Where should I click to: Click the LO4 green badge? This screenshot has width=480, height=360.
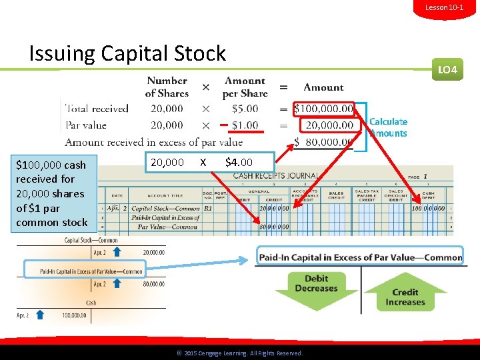point(447,69)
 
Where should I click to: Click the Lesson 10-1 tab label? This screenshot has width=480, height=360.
point(449,7)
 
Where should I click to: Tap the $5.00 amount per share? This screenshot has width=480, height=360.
point(245,109)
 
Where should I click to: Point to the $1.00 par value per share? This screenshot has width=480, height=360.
point(245,125)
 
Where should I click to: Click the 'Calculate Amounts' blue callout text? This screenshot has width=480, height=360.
point(388,127)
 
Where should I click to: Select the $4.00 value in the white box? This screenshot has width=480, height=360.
point(239,162)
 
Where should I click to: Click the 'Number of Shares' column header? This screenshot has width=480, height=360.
point(167,87)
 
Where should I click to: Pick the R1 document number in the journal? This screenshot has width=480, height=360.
point(207,209)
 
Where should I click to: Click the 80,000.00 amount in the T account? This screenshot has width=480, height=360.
point(154,284)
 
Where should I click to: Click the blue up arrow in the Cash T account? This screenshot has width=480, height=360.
point(39,315)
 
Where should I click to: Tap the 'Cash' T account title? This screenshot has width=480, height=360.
point(91,303)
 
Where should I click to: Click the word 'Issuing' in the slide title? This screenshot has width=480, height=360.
point(59,53)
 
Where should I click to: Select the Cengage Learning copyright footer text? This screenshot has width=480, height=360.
point(239,353)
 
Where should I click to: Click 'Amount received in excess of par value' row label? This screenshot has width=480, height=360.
point(154,142)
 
